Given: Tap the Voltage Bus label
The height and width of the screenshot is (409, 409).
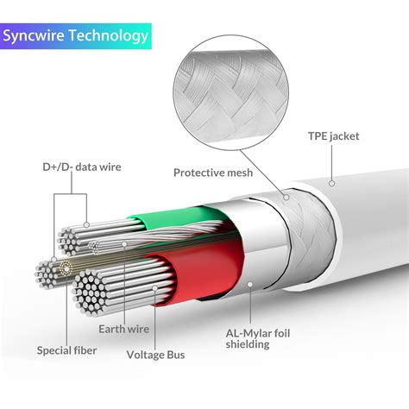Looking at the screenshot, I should point(157,353).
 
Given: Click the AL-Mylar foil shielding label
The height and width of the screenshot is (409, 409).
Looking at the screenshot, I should point(248,337).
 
